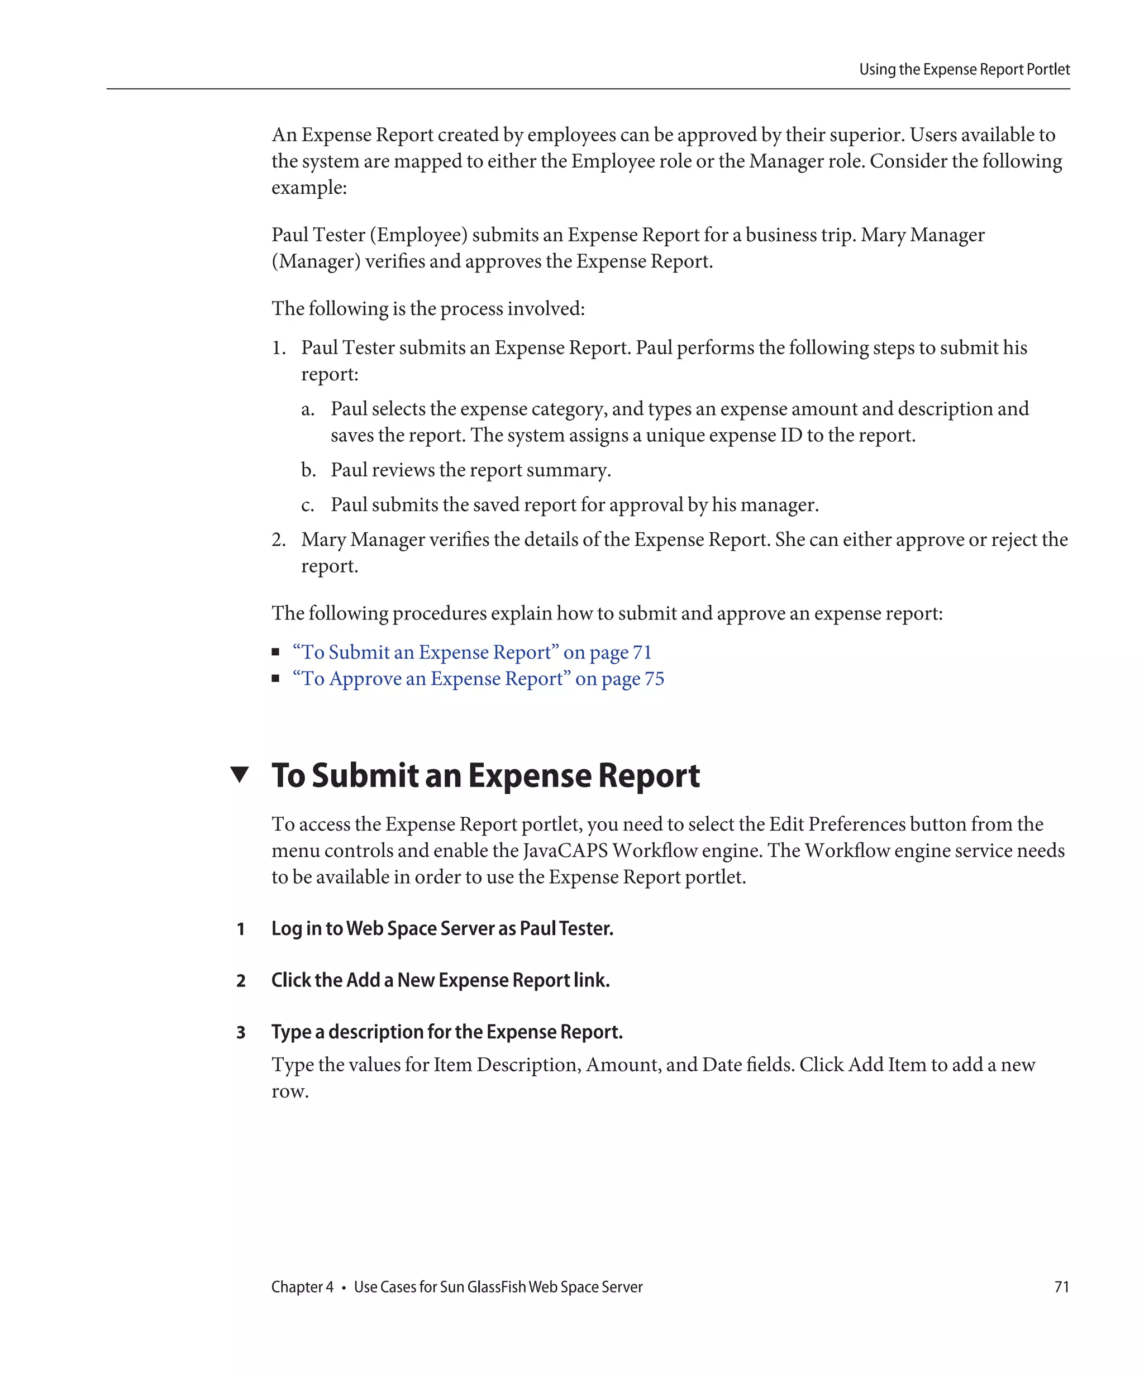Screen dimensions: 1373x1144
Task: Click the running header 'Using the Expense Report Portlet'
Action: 964,69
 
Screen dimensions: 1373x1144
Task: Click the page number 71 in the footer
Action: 1062,1286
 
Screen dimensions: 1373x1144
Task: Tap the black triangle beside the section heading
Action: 240,775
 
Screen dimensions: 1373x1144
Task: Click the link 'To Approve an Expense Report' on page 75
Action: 478,679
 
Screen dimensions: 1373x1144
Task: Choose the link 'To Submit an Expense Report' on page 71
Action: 471,652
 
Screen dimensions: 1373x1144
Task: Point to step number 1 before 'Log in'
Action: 241,929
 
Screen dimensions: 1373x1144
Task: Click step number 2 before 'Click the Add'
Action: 241,981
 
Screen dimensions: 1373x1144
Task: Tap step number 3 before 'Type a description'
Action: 241,1032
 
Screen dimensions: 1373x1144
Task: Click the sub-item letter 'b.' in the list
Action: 308,470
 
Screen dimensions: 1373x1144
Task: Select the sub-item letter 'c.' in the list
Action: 307,506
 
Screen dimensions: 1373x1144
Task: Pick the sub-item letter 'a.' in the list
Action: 307,409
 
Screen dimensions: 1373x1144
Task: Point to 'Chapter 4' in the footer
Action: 302,1286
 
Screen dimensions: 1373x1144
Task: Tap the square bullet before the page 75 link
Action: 276,679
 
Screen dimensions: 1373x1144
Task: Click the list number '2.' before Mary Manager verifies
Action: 279,540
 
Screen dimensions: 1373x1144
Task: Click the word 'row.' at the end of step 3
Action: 289,1091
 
